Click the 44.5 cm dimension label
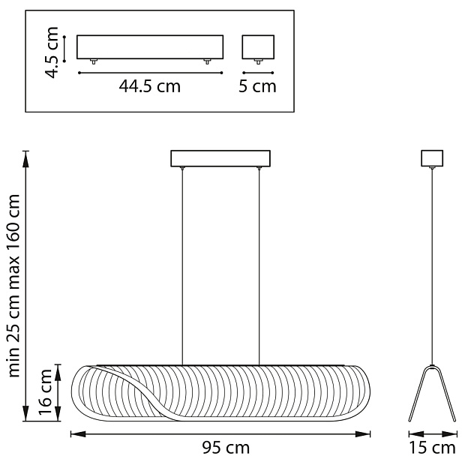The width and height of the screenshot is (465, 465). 150,86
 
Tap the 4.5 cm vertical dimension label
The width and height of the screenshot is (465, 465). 51,52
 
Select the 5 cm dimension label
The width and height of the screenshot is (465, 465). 257,86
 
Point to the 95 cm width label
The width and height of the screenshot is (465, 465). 226,448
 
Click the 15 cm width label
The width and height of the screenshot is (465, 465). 433,448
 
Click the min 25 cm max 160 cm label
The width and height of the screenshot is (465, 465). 14,286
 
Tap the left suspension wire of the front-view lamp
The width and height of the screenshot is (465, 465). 182,266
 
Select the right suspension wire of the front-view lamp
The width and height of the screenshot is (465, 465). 259,266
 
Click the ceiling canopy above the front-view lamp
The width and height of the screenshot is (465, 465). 220,159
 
